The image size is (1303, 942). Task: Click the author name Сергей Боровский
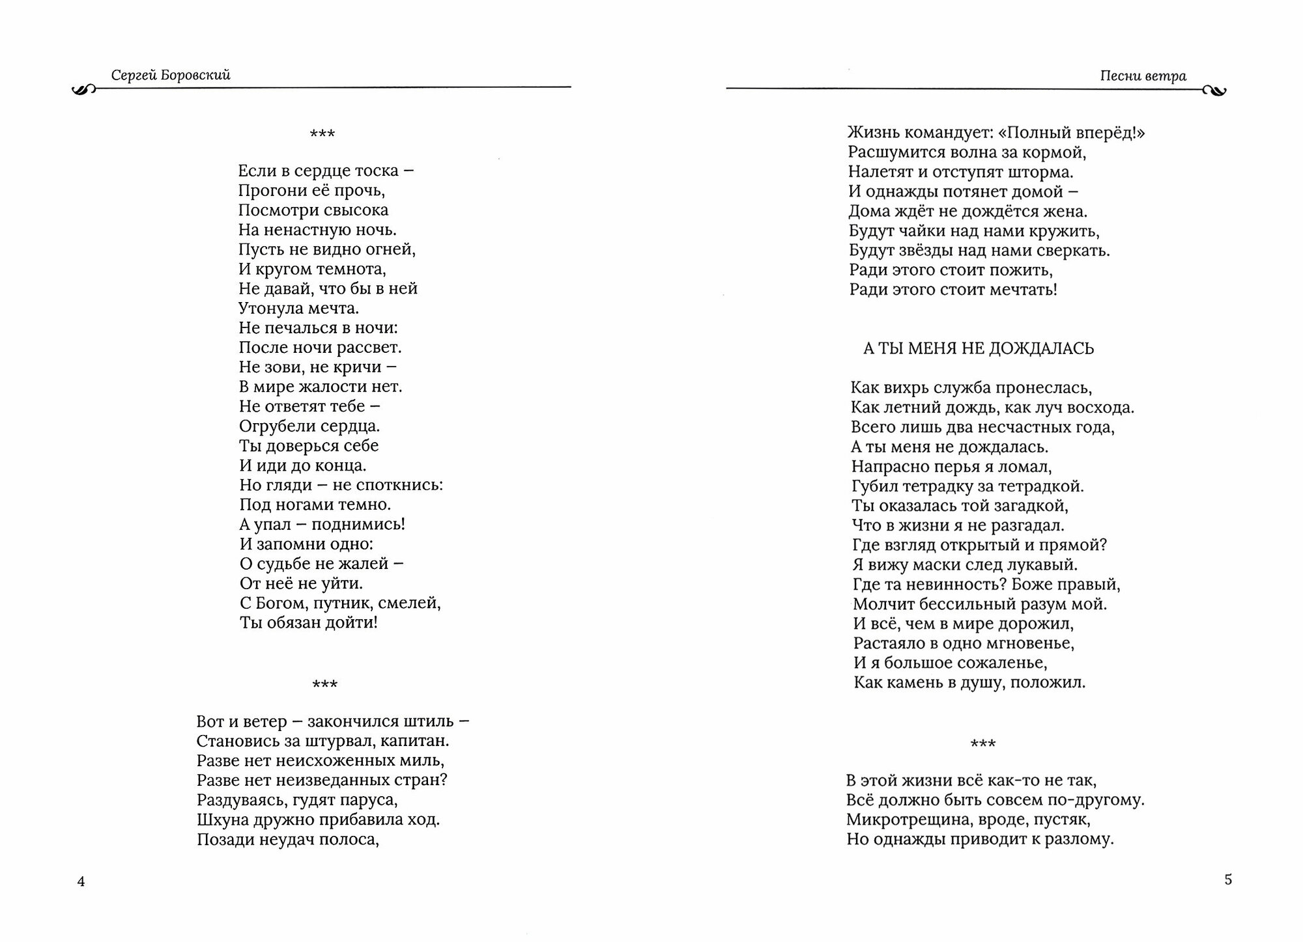coord(171,76)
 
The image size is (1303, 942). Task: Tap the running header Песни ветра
coord(1143,76)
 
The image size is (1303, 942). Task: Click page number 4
coord(81,881)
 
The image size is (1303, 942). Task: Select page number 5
coord(1228,880)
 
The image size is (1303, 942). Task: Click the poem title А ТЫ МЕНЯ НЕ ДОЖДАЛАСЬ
coord(979,349)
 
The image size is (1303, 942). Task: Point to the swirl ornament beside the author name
coord(83,90)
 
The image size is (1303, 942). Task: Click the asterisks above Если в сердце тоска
coord(322,134)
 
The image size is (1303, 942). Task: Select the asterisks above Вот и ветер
coord(325,684)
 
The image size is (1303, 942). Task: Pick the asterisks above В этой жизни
coord(983,743)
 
